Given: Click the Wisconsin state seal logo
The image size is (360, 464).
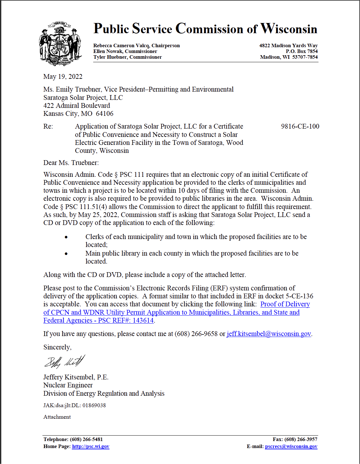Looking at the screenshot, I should pyautogui.click(x=60, y=43).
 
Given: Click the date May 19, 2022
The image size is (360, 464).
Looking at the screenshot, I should pyautogui.click(x=63, y=77).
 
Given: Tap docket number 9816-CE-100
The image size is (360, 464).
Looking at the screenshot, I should pyautogui.click(x=300, y=126).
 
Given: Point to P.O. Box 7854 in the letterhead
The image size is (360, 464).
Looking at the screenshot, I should pyautogui.click(x=302, y=51).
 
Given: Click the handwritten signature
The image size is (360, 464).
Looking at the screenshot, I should pyautogui.click(x=65, y=362).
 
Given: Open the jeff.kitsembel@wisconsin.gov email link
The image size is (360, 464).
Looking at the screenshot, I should pyautogui.click(x=269, y=334).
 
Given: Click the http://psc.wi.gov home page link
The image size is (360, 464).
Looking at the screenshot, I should pyautogui.click(x=91, y=446).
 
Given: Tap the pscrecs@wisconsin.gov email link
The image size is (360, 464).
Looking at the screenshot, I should pyautogui.click(x=291, y=446).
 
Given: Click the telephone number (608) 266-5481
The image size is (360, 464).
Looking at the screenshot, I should pyautogui.click(x=86, y=439).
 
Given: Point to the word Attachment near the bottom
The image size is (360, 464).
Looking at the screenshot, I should pyautogui.click(x=57, y=417).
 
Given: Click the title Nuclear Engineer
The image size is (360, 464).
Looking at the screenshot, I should pyautogui.click(x=68, y=385).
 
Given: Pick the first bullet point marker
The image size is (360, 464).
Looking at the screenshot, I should pyautogui.click(x=66, y=237).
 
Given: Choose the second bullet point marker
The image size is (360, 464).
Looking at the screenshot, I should pyautogui.click(x=66, y=254).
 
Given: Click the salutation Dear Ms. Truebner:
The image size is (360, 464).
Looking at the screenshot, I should pyautogui.click(x=71, y=163).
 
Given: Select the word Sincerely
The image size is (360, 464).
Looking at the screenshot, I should pyautogui.click(x=57, y=347).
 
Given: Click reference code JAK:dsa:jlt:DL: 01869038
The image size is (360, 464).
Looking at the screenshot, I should pyautogui.click(x=75, y=405).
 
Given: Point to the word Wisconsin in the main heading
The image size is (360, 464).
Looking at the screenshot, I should pyautogui.click(x=289, y=29).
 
